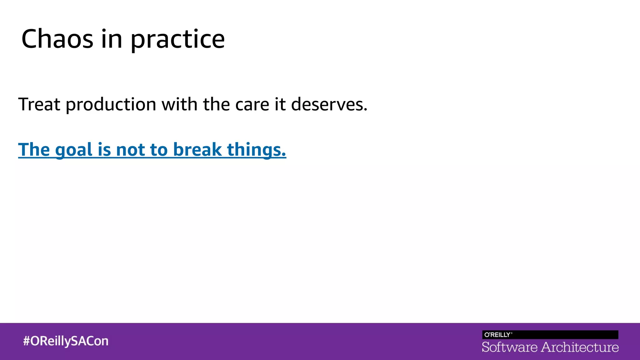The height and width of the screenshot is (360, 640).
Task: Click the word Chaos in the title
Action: (x=57, y=39)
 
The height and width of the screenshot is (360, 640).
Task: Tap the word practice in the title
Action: (x=177, y=40)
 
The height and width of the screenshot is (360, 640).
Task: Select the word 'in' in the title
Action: (x=112, y=39)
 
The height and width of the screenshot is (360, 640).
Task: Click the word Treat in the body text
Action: (x=39, y=104)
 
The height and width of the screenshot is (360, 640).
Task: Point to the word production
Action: (x=111, y=105)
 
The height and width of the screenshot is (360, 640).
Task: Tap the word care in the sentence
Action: (x=252, y=105)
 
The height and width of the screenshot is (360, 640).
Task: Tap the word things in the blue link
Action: (x=256, y=150)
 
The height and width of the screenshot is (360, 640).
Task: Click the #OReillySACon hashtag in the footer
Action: (x=66, y=341)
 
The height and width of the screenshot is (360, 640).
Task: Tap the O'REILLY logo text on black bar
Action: (x=498, y=335)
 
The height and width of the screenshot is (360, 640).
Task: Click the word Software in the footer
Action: (x=509, y=347)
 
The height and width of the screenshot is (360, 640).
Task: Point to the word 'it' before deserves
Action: (x=280, y=104)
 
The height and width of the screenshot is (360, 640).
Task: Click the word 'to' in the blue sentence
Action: (x=159, y=150)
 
